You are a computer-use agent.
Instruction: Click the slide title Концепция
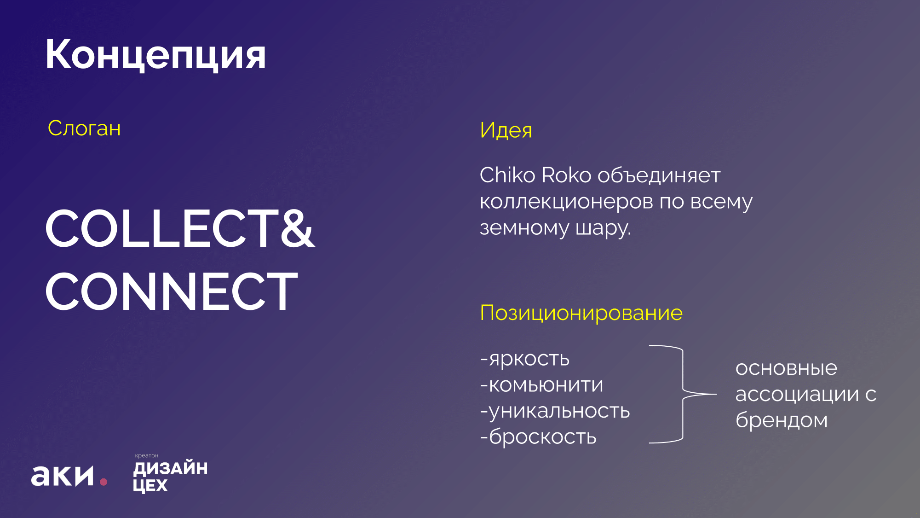(155, 55)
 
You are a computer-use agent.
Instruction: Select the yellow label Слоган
(84, 128)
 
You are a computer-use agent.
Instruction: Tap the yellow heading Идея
(506, 130)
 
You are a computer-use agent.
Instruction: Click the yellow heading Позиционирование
(581, 313)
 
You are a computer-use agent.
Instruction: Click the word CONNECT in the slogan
(172, 291)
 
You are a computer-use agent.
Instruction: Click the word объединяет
(659, 175)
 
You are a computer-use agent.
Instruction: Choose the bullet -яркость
(525, 359)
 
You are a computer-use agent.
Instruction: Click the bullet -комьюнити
(541, 385)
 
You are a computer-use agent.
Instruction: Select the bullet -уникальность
(555, 411)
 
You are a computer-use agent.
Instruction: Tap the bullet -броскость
(538, 437)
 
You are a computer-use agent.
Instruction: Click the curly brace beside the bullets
(683, 394)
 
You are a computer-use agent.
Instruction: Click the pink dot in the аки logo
(103, 482)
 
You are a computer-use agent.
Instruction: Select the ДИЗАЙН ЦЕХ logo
(170, 476)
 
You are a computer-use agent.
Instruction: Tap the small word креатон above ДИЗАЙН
(146, 456)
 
